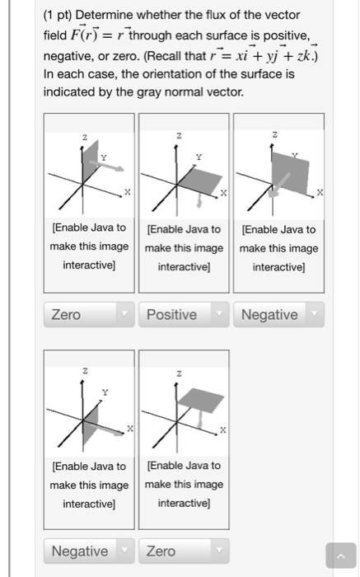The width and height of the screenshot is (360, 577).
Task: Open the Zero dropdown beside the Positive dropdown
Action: (x=88, y=315)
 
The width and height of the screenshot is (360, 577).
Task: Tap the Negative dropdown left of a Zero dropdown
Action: (x=88, y=550)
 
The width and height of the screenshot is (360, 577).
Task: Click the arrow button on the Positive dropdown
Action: (x=219, y=315)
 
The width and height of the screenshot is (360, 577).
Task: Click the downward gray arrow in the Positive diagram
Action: (x=199, y=198)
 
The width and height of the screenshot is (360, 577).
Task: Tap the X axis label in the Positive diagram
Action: (x=222, y=191)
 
